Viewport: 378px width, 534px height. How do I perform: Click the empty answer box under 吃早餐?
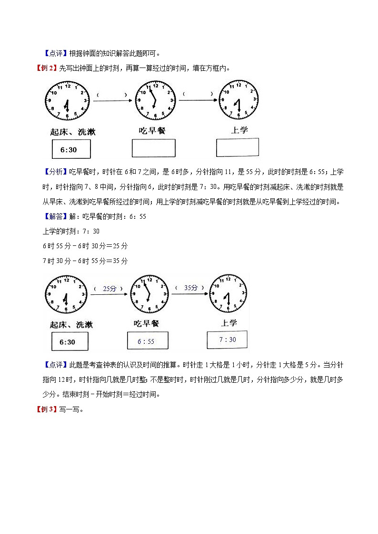(x=153, y=147)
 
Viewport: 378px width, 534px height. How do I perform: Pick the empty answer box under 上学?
(x=238, y=147)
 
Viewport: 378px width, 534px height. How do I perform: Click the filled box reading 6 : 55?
(x=146, y=341)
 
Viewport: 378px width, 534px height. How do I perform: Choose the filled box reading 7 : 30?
(x=227, y=340)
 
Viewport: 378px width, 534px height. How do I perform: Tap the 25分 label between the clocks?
(x=109, y=289)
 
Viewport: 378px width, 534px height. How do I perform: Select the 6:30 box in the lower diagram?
(x=67, y=342)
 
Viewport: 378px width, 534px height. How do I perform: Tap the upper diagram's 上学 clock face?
(x=239, y=100)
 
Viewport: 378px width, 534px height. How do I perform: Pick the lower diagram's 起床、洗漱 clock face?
(x=66, y=297)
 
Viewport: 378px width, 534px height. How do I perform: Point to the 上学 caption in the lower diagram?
(x=229, y=323)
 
